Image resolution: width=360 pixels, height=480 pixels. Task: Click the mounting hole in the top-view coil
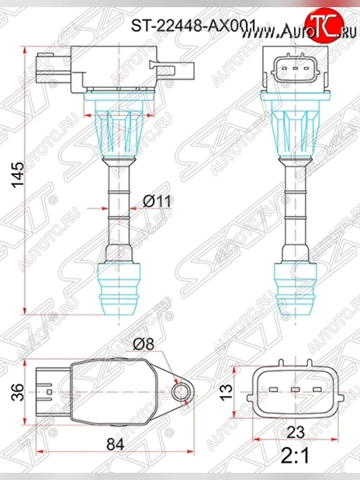[x=183, y=390]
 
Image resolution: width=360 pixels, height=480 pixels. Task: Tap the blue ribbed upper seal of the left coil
[x=120, y=128]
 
